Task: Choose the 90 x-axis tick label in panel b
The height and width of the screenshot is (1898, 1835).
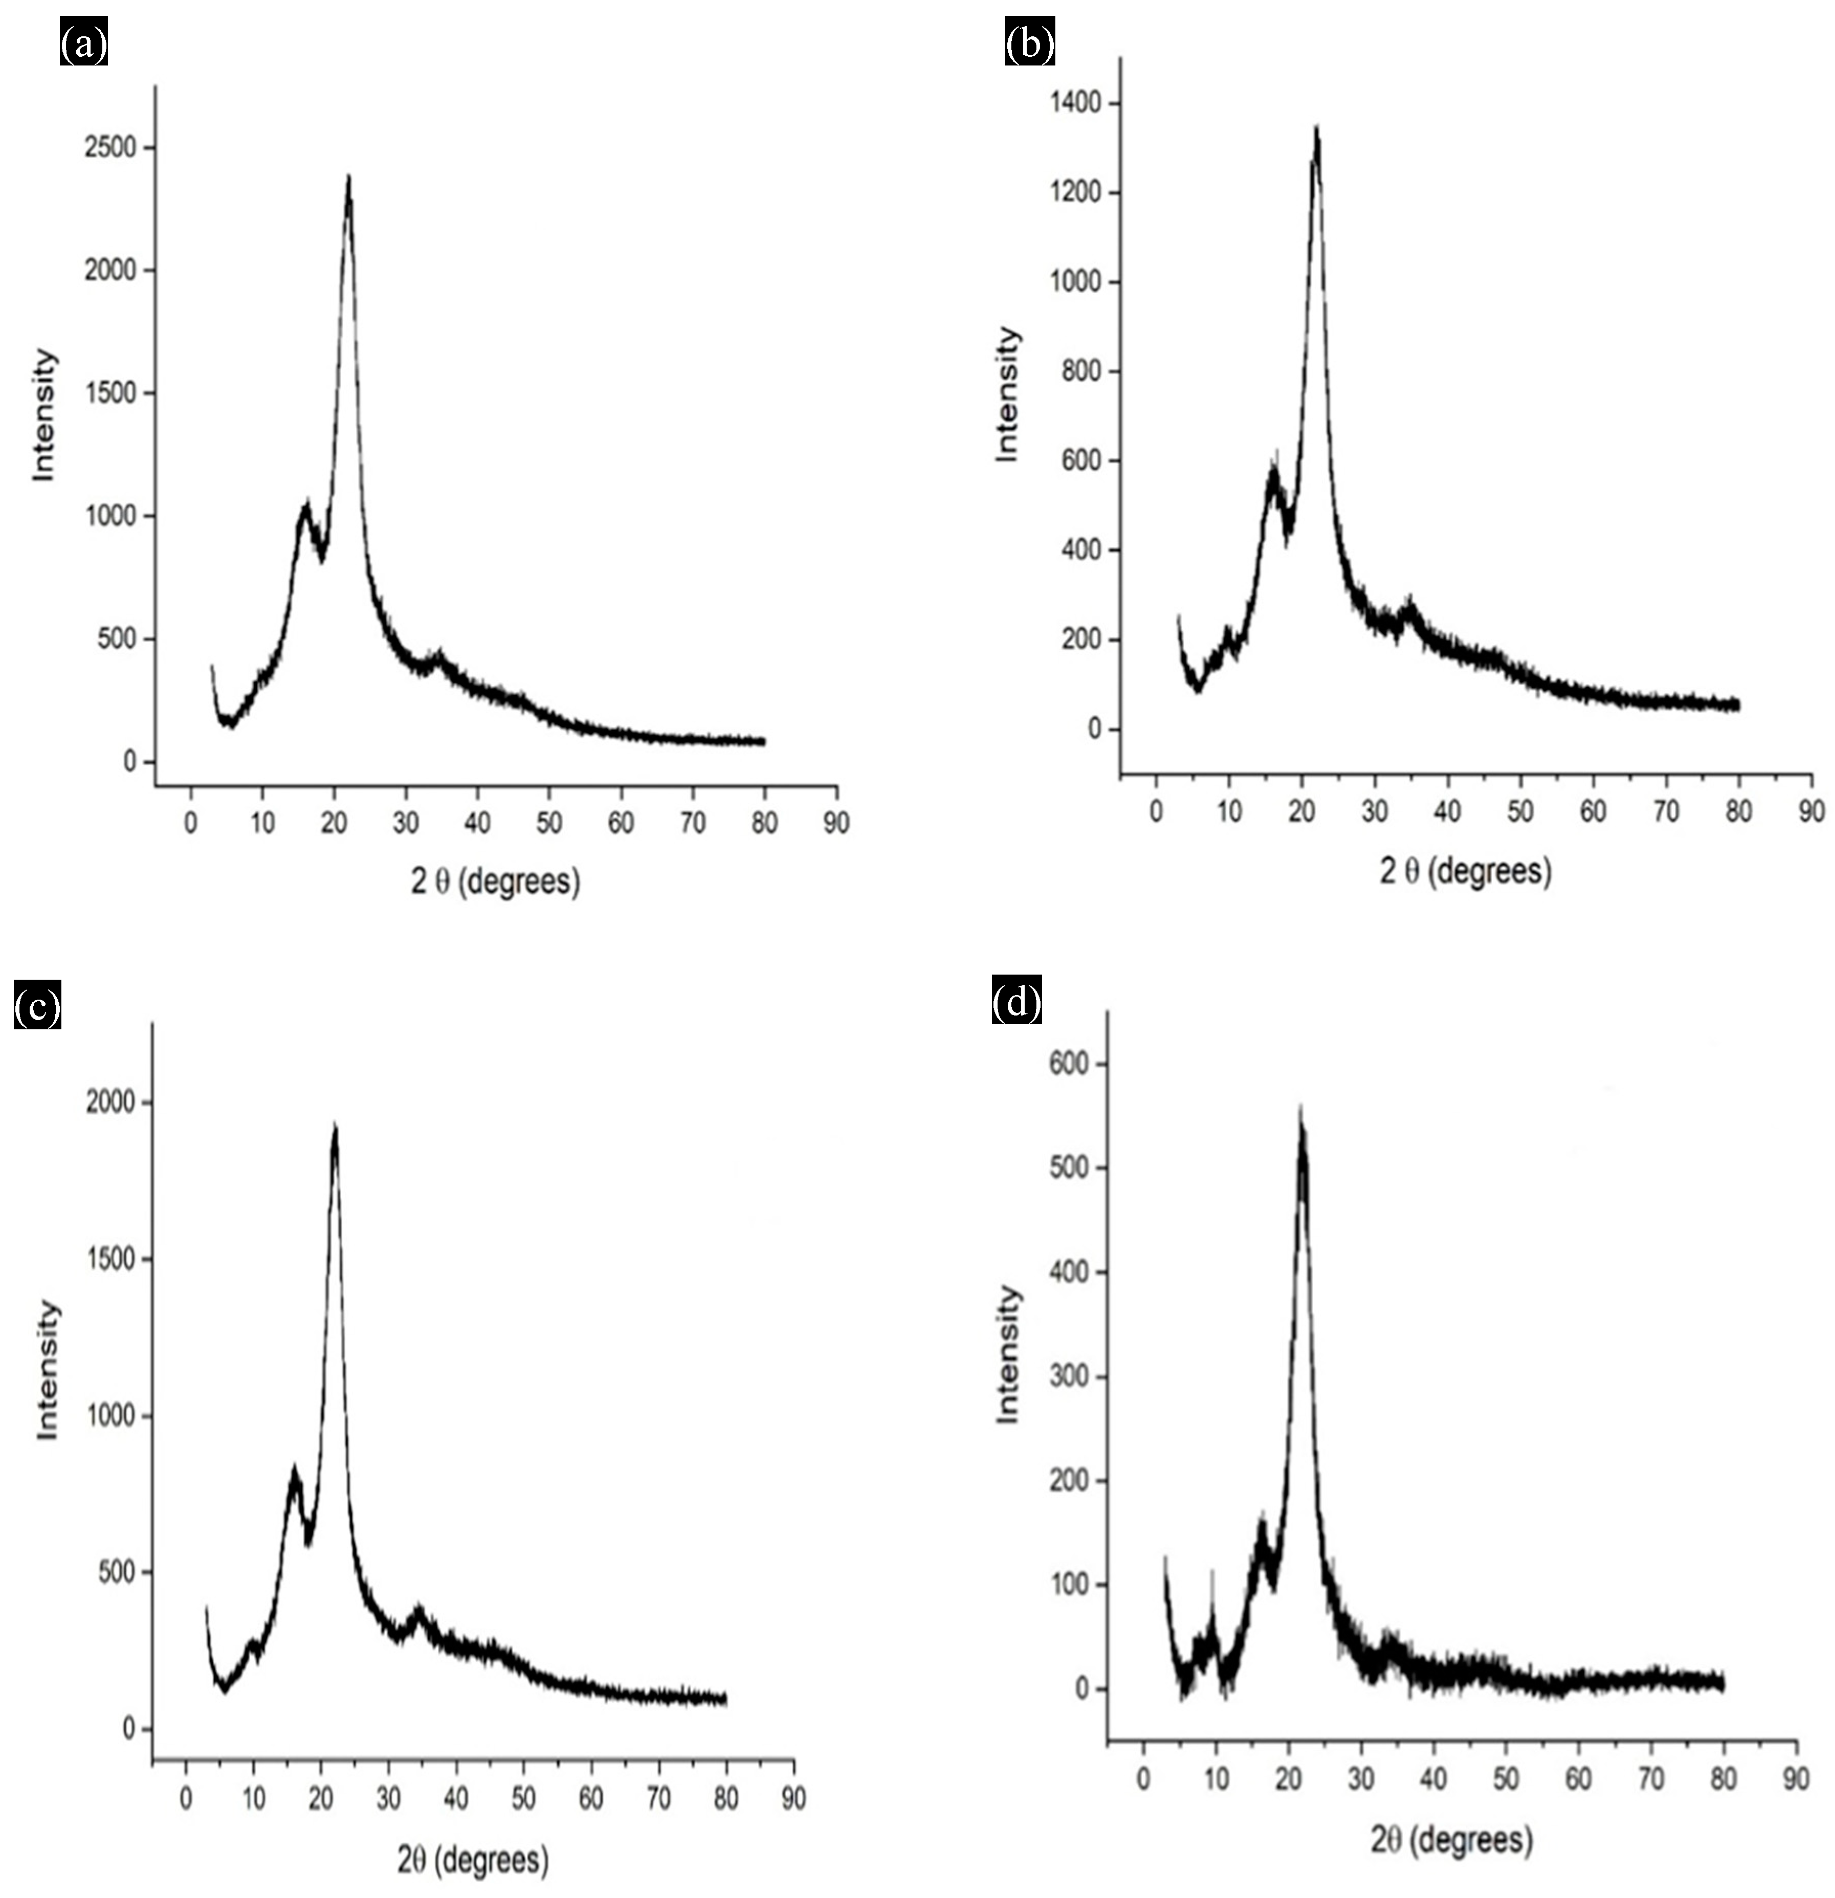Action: coord(1810,811)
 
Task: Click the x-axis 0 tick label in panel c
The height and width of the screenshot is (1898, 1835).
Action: coord(186,1798)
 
